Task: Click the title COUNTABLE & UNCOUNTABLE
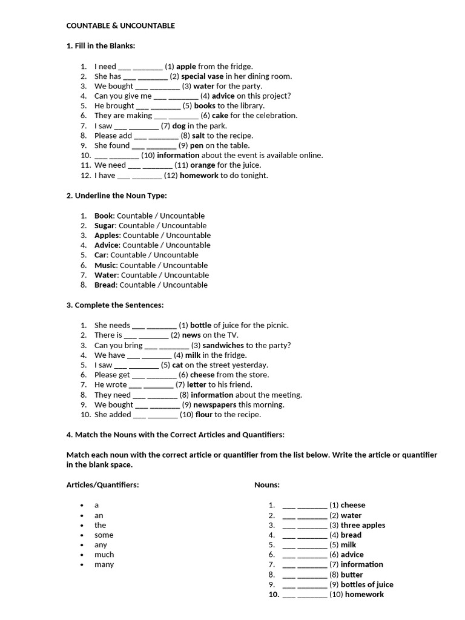[x=120, y=26]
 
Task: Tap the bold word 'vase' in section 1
[x=215, y=76]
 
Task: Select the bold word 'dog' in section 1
[x=179, y=126]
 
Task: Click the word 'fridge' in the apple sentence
[x=239, y=67]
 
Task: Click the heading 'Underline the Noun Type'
[x=116, y=196]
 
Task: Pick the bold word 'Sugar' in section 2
[x=105, y=226]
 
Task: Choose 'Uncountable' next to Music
[x=185, y=265]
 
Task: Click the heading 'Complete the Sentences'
[x=115, y=305]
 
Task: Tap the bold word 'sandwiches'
[x=223, y=345]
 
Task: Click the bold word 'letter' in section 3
[x=197, y=384]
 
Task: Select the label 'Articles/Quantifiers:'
[x=102, y=485]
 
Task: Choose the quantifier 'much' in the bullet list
[x=104, y=555]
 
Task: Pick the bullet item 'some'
[x=104, y=535]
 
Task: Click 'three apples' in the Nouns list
[x=363, y=526]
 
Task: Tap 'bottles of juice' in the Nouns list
[x=367, y=585]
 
